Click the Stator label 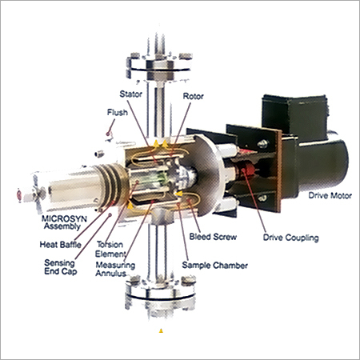(x=130, y=94)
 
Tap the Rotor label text (x=194, y=96)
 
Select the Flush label (x=118, y=113)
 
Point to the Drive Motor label (x=330, y=195)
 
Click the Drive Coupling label (x=291, y=238)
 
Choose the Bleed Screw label (x=213, y=237)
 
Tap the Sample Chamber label (x=214, y=266)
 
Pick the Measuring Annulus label (x=115, y=269)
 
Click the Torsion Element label (x=110, y=249)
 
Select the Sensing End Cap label (x=60, y=267)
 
